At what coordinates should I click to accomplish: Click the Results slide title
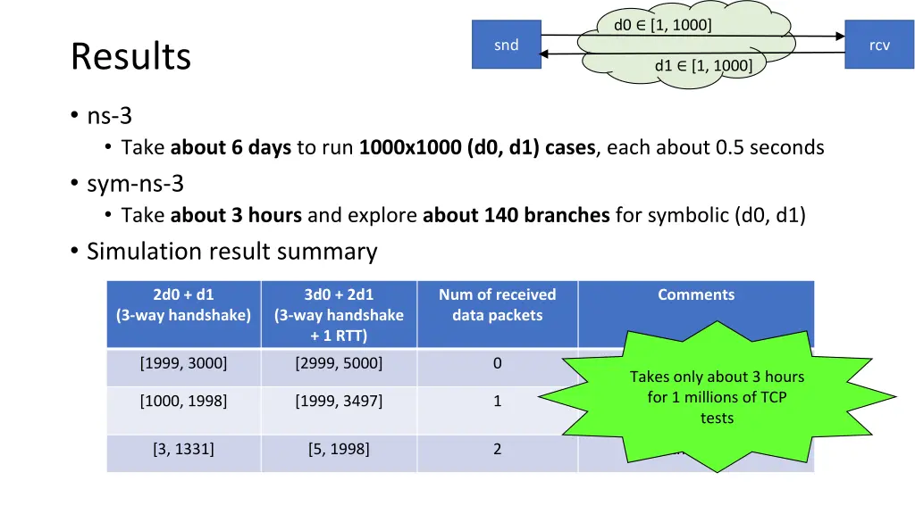click(x=130, y=56)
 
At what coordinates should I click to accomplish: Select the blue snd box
click(x=506, y=46)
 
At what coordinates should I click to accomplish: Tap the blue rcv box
click(x=879, y=46)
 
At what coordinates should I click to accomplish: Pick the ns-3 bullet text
click(x=110, y=115)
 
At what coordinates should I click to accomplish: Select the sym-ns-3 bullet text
click(x=135, y=184)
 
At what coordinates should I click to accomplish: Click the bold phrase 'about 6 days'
click(x=231, y=147)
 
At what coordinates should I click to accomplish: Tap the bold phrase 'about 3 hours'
click(x=236, y=215)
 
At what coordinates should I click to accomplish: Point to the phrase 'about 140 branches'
click(x=516, y=215)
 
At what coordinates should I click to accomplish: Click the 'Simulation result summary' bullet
click(x=231, y=252)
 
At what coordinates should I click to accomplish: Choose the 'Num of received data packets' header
click(x=497, y=304)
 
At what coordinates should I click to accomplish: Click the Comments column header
click(x=696, y=294)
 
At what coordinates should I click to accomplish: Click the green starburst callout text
click(x=717, y=397)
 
